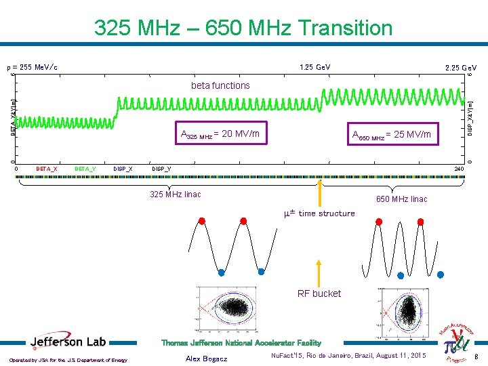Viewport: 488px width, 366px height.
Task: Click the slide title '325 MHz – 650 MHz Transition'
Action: point(243,28)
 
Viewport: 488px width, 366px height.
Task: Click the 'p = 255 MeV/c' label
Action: point(32,68)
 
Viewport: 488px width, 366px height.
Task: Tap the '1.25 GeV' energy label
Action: point(315,68)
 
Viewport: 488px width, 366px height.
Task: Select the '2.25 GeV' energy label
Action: point(460,68)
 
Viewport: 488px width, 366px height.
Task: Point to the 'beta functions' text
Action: point(220,85)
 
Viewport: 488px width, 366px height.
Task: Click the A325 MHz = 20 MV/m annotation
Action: point(220,134)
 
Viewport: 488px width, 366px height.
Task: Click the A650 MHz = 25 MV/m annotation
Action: point(392,135)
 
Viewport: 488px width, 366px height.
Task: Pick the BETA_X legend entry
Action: point(46,168)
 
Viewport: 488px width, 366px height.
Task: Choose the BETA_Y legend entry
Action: point(85,168)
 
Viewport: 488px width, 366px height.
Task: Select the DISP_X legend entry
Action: point(123,168)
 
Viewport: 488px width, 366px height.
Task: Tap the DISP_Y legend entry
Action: point(161,168)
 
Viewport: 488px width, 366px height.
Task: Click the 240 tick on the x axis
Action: point(459,168)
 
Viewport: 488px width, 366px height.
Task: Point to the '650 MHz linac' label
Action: point(401,199)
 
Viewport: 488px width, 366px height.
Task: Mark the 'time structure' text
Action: point(327,213)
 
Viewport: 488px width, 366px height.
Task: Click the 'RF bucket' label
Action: point(319,293)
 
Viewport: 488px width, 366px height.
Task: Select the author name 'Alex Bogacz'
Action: point(206,357)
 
